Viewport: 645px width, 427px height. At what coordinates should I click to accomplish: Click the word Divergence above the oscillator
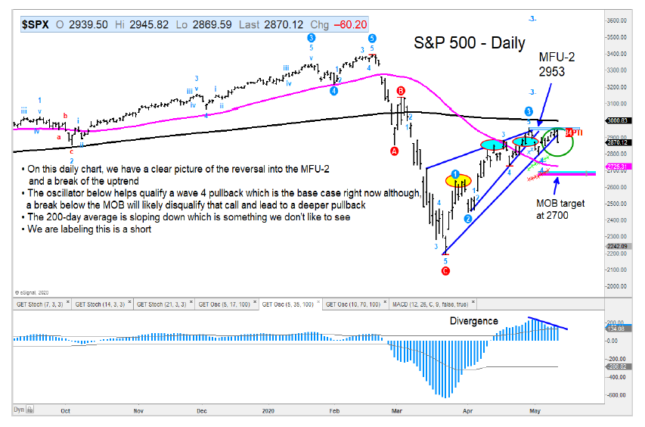(x=473, y=320)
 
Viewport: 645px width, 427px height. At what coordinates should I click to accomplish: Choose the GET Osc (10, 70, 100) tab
(x=352, y=304)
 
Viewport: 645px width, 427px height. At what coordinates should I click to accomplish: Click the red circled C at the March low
(x=446, y=270)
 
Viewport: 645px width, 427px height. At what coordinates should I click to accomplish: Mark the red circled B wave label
(x=401, y=91)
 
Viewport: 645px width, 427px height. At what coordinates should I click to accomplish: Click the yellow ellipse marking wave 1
(x=456, y=180)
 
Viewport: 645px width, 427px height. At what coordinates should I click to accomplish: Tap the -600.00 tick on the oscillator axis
(x=614, y=394)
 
